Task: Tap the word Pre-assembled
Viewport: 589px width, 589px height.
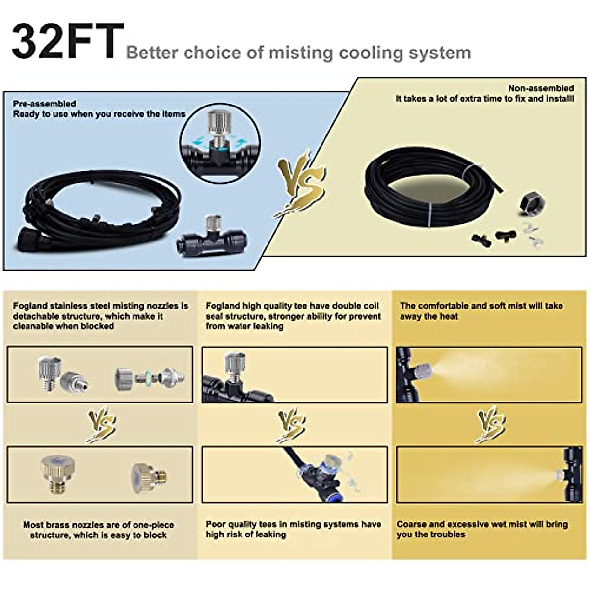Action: pyautogui.click(x=44, y=104)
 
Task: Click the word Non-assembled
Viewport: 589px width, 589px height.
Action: pyautogui.click(x=541, y=88)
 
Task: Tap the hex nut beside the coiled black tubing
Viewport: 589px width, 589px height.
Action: pyautogui.click(x=532, y=202)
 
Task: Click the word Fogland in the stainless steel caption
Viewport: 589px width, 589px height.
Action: pyautogui.click(x=30, y=306)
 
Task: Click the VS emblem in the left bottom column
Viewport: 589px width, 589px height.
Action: pyautogui.click(x=101, y=425)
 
